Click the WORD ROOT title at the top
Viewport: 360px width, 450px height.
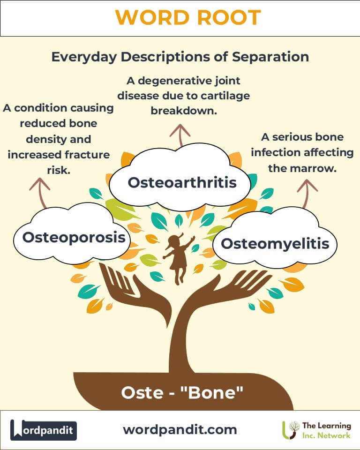pos(188,17)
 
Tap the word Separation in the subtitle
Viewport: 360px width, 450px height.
pos(270,57)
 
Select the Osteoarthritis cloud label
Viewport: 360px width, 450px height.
pos(182,182)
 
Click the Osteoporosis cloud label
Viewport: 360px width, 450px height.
pos(74,237)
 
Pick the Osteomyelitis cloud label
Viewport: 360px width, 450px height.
pos(275,244)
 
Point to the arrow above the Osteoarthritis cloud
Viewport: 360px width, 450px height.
pos(180,135)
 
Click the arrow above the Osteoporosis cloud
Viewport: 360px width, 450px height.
pos(40,193)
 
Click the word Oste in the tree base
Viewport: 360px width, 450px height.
pos(142,393)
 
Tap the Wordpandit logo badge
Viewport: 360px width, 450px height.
pos(44,430)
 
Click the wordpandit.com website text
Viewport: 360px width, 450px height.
pos(180,430)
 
